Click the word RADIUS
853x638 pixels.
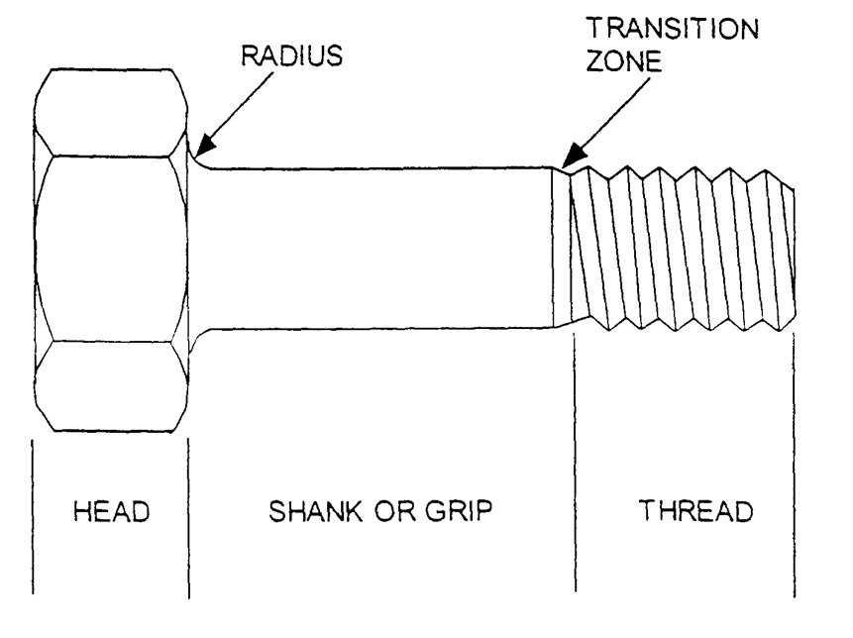[x=292, y=55]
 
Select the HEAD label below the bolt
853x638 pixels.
[x=111, y=512]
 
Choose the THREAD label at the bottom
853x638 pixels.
[x=695, y=512]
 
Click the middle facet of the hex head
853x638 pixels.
[x=110, y=248]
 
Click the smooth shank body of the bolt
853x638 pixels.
[x=376, y=248]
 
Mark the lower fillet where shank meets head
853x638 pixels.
[x=197, y=337]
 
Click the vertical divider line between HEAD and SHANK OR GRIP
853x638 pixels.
[x=188, y=515]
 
